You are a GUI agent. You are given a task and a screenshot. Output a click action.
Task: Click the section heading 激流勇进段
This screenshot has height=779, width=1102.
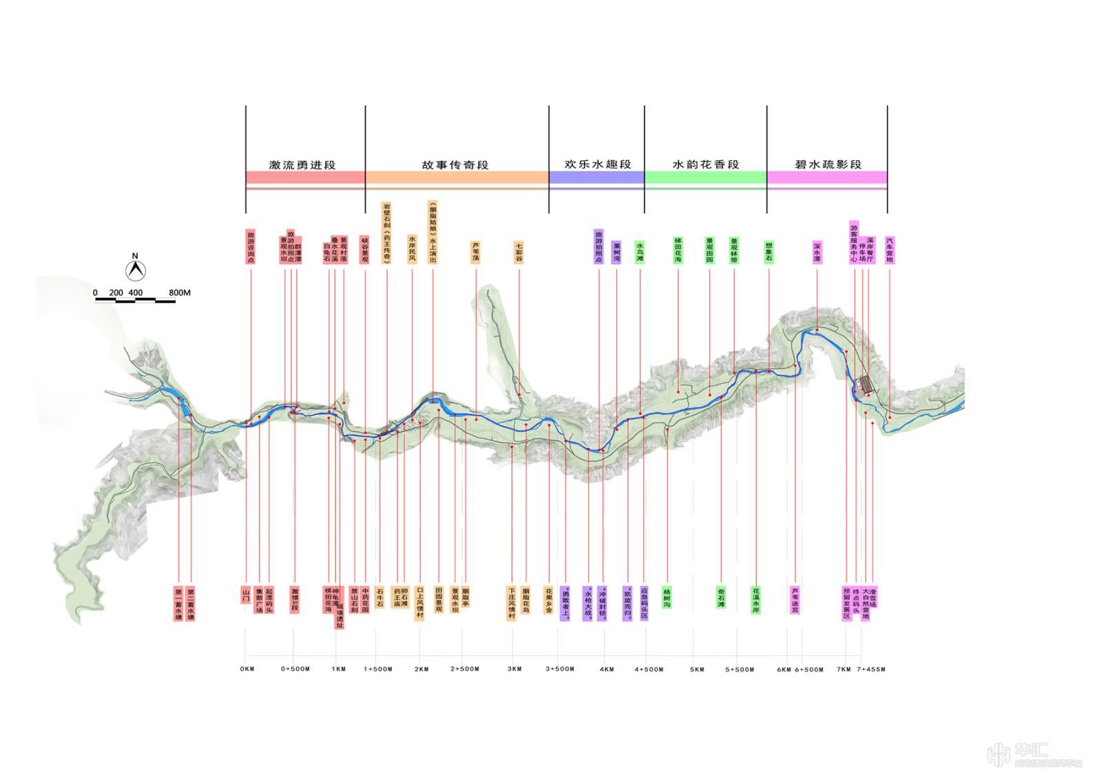point(302,164)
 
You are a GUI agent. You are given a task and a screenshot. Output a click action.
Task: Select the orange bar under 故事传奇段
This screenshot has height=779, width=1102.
point(457,178)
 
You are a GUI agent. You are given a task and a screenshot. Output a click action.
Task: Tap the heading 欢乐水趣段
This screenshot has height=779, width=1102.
point(597,164)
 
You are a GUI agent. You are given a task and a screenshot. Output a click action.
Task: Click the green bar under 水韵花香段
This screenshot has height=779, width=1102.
point(705,178)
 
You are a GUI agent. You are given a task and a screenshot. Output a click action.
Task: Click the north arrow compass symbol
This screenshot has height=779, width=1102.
point(136,269)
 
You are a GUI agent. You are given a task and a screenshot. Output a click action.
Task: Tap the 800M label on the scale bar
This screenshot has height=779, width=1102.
point(179,293)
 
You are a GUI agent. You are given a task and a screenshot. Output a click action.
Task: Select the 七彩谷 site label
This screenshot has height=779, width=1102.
point(519,251)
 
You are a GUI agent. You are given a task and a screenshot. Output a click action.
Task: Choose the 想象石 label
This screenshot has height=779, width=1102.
point(769,250)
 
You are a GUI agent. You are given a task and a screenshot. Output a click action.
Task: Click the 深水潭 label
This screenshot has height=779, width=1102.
point(817,252)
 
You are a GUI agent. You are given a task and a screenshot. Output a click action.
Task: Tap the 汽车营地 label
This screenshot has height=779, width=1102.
point(889,250)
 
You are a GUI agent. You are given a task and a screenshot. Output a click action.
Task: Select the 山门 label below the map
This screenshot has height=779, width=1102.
point(245,595)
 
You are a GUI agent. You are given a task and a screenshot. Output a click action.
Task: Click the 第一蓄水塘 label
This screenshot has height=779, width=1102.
point(178,604)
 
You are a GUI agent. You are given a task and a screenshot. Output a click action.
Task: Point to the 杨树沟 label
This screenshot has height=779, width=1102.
point(667,597)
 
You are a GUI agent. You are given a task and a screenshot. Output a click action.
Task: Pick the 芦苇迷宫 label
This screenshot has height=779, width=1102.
point(795,599)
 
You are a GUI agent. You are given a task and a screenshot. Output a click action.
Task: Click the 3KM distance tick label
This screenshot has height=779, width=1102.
point(514,669)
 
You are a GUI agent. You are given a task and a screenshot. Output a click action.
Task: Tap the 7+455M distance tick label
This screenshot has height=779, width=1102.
point(871,669)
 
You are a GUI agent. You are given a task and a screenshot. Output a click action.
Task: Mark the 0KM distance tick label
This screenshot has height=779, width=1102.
point(247,669)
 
